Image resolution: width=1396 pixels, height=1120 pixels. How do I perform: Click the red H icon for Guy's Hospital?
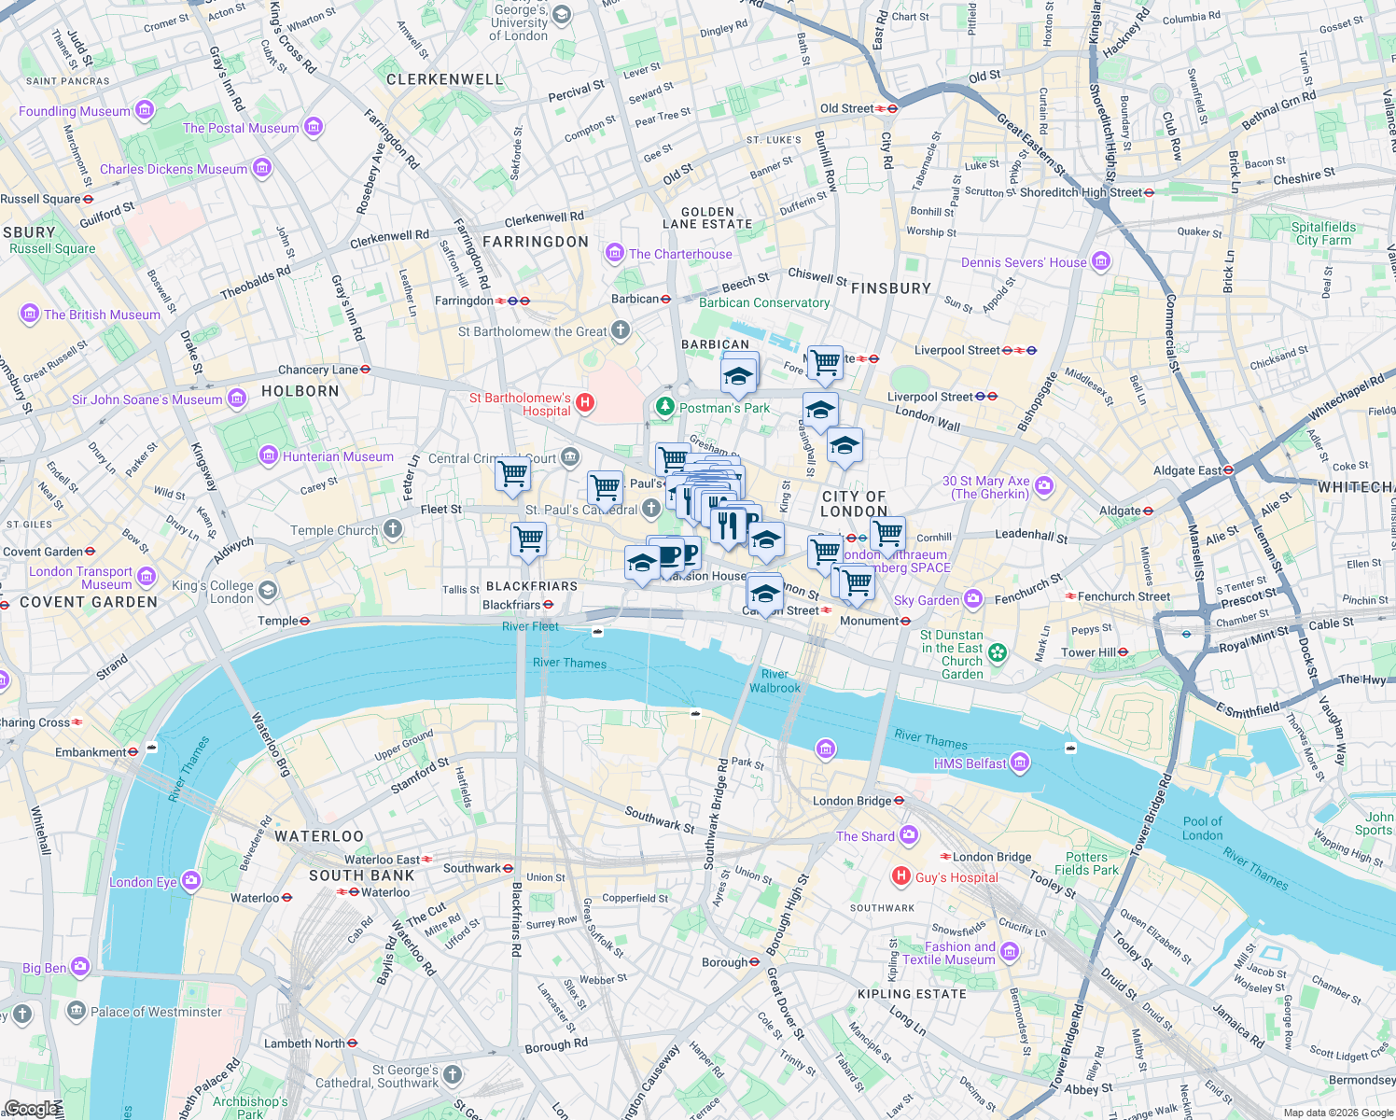click(900, 875)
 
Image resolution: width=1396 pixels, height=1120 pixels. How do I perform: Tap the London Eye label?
click(143, 882)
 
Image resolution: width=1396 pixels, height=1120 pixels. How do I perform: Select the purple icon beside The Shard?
click(909, 835)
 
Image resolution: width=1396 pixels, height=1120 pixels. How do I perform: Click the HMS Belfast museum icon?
click(1020, 763)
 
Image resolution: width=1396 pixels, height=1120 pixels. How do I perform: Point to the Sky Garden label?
click(926, 600)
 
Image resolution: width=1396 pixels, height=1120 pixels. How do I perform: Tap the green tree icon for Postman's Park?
click(665, 407)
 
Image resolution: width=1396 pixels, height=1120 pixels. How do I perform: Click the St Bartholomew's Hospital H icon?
click(585, 403)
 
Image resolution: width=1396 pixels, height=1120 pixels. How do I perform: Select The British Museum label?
click(102, 315)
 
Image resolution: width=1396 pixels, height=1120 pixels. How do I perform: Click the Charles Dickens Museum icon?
click(262, 168)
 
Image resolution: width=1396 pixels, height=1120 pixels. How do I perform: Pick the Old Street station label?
click(846, 108)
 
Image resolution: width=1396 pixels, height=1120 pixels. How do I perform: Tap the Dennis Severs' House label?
click(1024, 262)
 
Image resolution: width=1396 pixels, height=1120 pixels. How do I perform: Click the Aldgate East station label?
click(1187, 470)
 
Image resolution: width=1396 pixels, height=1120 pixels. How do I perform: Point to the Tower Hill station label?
click(1088, 652)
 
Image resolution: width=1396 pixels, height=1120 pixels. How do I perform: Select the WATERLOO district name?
click(319, 836)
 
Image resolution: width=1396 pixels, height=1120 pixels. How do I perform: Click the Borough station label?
click(724, 961)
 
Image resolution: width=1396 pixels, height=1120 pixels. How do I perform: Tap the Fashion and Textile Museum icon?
click(1010, 952)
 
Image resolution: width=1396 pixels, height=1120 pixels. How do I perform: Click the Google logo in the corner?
click(30, 1108)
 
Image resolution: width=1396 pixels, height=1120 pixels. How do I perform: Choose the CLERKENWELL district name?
click(445, 79)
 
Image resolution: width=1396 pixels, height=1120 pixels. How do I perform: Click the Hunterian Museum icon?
click(269, 455)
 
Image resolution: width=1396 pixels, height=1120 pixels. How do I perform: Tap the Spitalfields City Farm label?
click(1323, 233)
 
